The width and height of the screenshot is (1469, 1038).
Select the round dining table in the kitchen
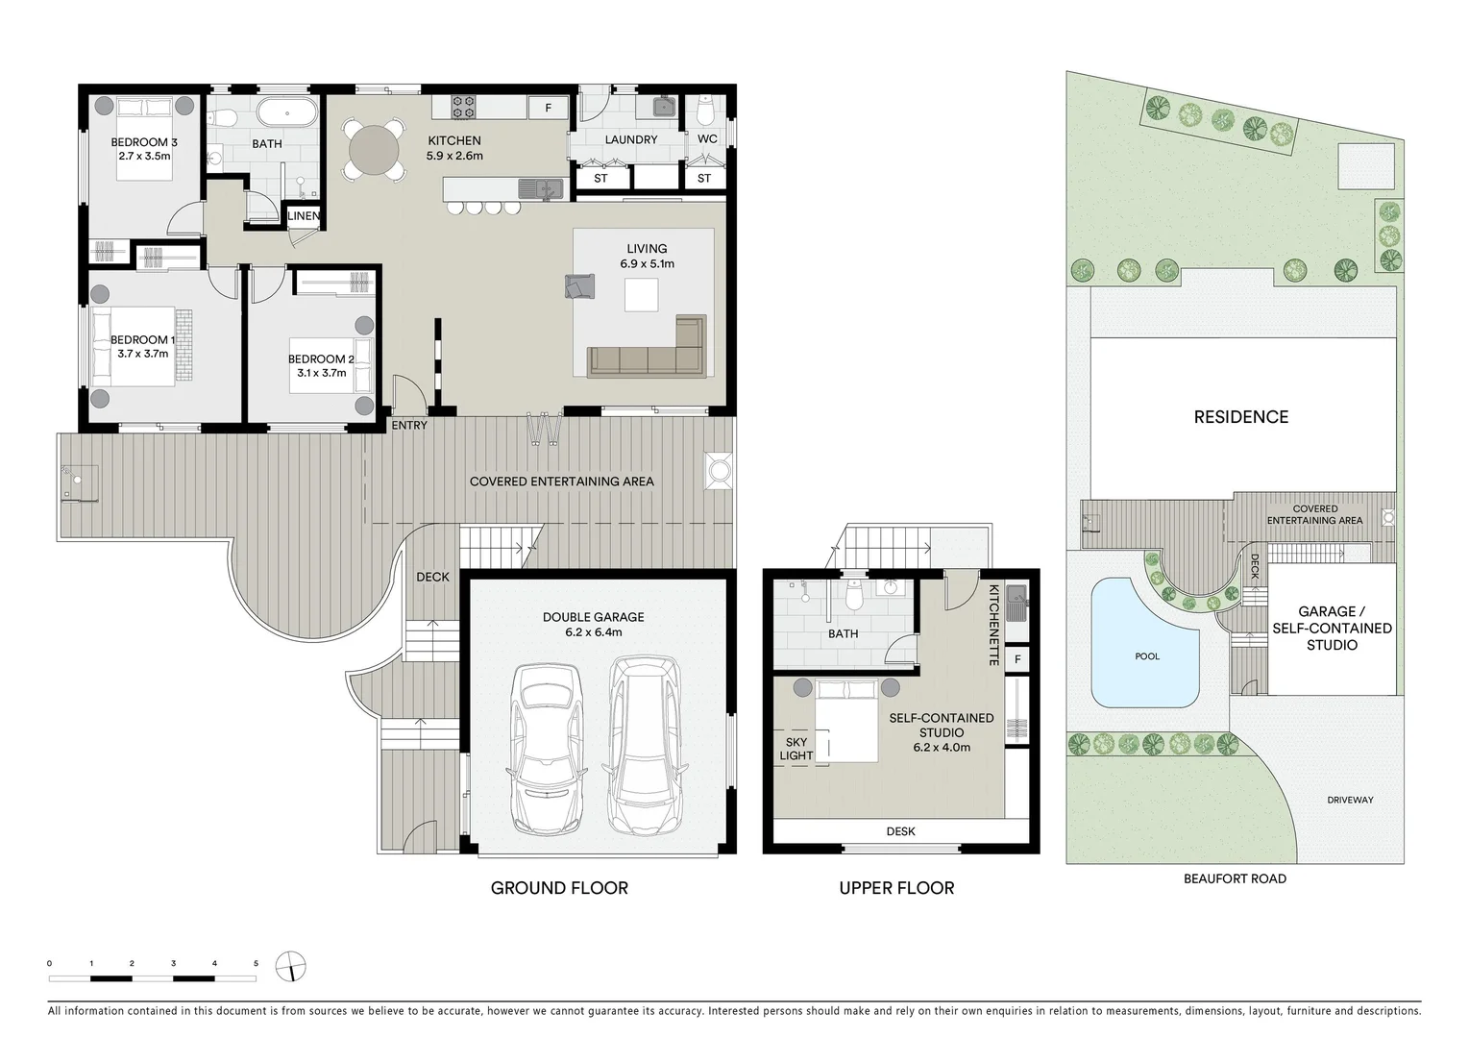(x=373, y=149)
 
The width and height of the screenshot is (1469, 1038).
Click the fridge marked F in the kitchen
(x=549, y=108)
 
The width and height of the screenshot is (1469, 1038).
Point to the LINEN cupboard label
(x=304, y=216)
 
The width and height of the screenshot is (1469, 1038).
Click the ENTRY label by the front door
(x=409, y=425)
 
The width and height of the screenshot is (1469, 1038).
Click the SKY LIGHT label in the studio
(x=796, y=749)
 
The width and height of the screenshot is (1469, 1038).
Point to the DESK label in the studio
(x=901, y=831)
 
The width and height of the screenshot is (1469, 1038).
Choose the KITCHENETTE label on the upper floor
(x=994, y=626)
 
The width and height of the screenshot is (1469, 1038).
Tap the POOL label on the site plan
(x=1147, y=656)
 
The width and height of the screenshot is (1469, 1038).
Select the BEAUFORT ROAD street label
(x=1235, y=878)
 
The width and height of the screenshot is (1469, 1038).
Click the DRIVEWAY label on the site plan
(x=1350, y=800)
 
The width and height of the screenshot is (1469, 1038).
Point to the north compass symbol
(x=290, y=966)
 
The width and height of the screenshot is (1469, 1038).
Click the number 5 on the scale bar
(x=256, y=962)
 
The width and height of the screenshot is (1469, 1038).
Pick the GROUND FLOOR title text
(x=559, y=888)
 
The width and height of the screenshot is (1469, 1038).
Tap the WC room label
(x=707, y=139)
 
